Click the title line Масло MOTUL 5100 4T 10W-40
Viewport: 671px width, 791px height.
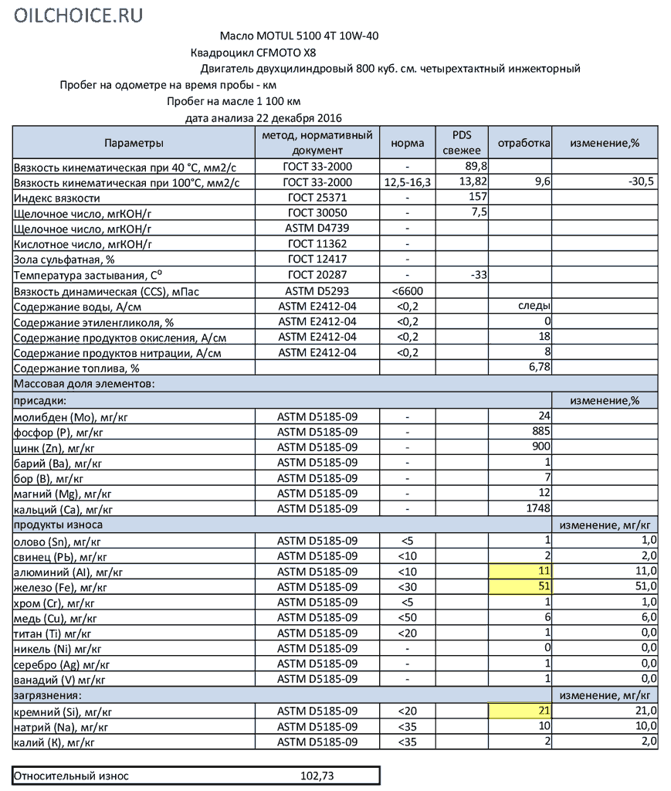pyautogui.click(x=299, y=36)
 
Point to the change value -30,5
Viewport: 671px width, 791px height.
pyautogui.click(x=641, y=182)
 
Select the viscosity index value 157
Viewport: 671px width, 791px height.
pyautogui.click(x=479, y=198)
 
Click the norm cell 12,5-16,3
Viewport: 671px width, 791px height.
pyautogui.click(x=407, y=182)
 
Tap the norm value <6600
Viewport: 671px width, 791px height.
pyautogui.click(x=407, y=290)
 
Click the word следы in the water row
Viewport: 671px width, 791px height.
pyautogui.click(x=533, y=306)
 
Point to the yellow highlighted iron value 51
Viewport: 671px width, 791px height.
pyautogui.click(x=543, y=587)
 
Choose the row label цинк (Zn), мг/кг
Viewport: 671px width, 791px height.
pyautogui.click(x=54, y=447)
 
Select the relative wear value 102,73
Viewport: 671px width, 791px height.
pyautogui.click(x=317, y=776)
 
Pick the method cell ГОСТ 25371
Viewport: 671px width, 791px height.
pyautogui.click(x=317, y=198)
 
